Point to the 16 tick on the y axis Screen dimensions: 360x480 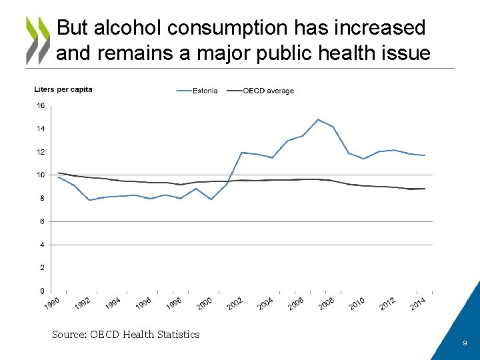41,105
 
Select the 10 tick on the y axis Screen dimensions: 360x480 41,175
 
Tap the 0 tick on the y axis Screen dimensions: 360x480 42,291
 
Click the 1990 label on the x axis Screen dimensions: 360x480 52,304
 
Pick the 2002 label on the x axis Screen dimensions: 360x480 235,304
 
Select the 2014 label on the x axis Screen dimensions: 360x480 417,304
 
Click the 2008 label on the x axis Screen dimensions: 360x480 326,304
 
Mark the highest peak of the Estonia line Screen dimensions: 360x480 318,119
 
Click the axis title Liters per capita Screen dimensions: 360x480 63,90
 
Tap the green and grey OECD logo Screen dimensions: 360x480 37,40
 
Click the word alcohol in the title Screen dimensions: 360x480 127,28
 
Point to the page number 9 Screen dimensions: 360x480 465,343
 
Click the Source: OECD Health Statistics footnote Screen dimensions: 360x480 126,335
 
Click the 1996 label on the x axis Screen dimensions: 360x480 143,304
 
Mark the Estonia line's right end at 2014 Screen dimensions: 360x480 425,155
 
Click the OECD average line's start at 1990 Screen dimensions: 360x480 59,173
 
